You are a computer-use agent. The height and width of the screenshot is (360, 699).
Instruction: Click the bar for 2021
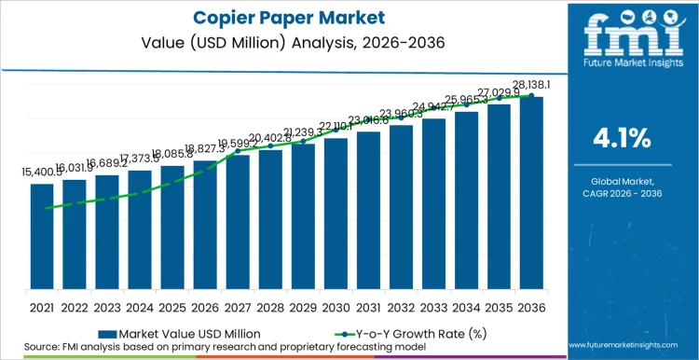pos(42,237)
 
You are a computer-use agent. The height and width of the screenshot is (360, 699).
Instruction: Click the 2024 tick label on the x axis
pos(140,307)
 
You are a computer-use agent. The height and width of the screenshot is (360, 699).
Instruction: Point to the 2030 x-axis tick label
pos(336,307)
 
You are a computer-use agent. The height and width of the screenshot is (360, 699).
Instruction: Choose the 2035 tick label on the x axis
pos(499,307)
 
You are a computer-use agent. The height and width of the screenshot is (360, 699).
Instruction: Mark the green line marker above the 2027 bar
pos(238,150)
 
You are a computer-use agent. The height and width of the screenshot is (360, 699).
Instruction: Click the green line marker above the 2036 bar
pos(531,95)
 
